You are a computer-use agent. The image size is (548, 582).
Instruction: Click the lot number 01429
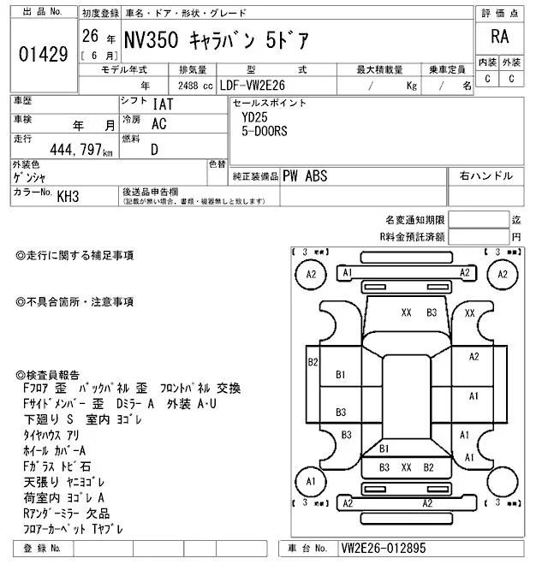tap(43, 53)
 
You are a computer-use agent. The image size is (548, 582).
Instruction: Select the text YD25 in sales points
tap(254, 119)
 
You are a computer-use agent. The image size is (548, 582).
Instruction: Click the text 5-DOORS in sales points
tap(265, 132)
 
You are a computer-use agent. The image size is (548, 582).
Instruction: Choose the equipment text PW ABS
tap(304, 175)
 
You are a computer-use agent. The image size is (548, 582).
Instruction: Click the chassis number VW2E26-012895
tap(384, 548)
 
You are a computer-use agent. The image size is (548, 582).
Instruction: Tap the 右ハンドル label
tap(485, 175)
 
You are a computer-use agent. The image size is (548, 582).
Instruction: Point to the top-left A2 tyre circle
tap(311, 274)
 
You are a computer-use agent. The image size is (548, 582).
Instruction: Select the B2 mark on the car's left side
tap(313, 362)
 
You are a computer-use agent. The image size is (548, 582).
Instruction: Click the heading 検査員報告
tap(48, 375)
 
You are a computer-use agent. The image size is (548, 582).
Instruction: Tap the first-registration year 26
tap(89, 38)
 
